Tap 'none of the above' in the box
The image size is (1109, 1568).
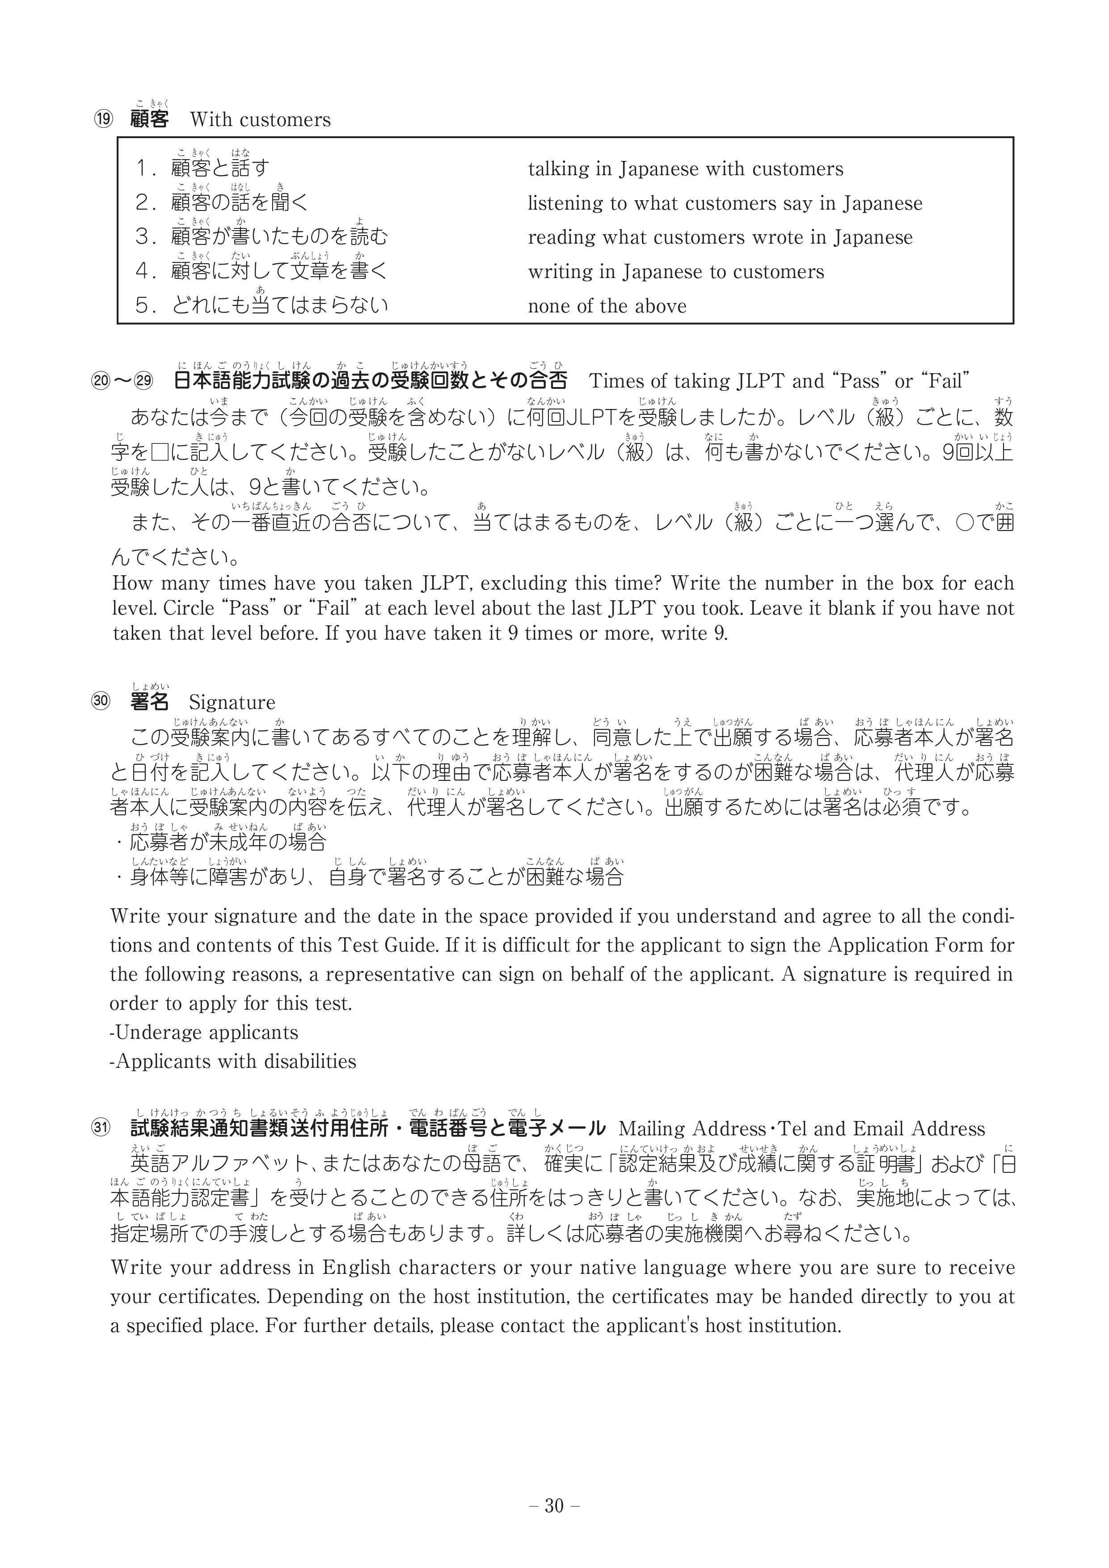pos(607,306)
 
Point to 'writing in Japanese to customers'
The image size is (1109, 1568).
pos(676,272)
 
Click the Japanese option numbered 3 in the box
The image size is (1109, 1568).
pos(262,237)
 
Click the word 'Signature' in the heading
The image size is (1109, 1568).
pos(232,702)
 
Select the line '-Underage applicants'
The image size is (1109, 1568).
pos(204,1032)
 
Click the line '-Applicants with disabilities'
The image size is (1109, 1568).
pos(233,1061)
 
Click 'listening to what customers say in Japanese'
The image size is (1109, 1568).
pos(725,203)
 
